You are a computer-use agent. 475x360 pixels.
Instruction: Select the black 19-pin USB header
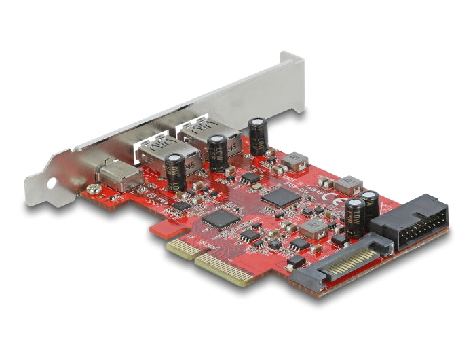point(411,218)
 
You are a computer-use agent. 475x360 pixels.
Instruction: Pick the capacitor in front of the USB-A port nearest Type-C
point(174,170)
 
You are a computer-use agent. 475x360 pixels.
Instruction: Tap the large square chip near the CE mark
point(281,198)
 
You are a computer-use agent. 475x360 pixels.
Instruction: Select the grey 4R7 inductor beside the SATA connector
point(313,228)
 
